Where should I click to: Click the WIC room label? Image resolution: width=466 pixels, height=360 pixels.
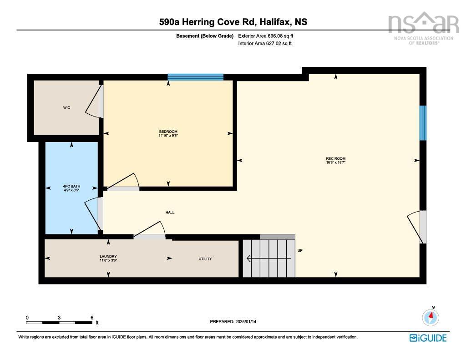pos(66,107)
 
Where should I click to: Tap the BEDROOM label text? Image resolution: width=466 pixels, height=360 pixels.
pos(168,132)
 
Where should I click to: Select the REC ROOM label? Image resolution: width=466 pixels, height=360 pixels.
pos(336,159)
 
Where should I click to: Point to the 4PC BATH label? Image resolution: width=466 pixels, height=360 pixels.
pos(71,187)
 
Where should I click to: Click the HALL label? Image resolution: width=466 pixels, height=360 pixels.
pos(170,212)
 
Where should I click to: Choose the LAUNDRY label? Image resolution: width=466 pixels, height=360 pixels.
pos(108,256)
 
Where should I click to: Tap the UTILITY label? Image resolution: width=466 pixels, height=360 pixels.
pos(205,259)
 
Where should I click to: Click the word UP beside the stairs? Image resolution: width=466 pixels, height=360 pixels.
pos(300,251)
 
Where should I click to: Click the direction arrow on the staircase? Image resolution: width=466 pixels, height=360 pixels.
pos(268,259)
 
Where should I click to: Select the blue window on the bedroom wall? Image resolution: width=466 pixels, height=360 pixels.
pos(195,77)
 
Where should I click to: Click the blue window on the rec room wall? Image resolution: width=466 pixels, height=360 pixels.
pos(423,123)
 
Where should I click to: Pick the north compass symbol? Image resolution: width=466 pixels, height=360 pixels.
pos(431,317)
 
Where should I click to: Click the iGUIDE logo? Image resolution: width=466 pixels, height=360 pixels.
pos(428,338)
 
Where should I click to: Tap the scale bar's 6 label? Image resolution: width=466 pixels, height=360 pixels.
pos(92,318)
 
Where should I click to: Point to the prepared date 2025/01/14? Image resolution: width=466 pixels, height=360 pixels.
pos(246,322)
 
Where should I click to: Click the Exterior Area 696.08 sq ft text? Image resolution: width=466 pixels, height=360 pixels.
pos(266,36)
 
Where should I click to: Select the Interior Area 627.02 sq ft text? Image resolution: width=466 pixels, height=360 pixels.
pos(265,43)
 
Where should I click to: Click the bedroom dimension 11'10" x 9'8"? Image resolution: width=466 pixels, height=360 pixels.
pos(168,136)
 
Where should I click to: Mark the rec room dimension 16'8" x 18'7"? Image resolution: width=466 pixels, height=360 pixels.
pos(336,162)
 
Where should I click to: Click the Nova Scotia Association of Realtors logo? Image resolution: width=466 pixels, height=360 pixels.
pos(424,28)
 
